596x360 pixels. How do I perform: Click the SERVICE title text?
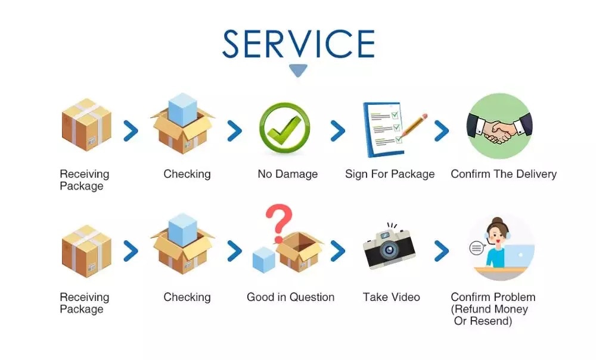point(299,44)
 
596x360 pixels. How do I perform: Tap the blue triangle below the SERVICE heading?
point(298,70)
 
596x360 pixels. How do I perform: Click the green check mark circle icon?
point(284,129)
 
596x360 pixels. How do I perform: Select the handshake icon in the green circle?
point(499,126)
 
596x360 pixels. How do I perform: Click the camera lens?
point(389,250)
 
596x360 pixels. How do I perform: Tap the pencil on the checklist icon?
point(413,125)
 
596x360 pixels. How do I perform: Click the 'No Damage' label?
point(288,174)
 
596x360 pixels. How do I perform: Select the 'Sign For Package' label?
point(390,174)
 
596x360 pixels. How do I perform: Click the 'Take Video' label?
point(392,297)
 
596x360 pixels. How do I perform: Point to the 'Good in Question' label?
point(291,297)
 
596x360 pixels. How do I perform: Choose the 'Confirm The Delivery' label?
point(504,174)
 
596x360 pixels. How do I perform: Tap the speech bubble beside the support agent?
point(476,248)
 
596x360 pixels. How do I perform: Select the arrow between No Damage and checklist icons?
point(337,131)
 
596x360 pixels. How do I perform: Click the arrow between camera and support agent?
point(441,251)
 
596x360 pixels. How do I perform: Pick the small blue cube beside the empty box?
point(264,260)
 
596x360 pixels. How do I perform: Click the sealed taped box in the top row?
point(86,125)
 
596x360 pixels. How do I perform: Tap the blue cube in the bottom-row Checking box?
point(183,230)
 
